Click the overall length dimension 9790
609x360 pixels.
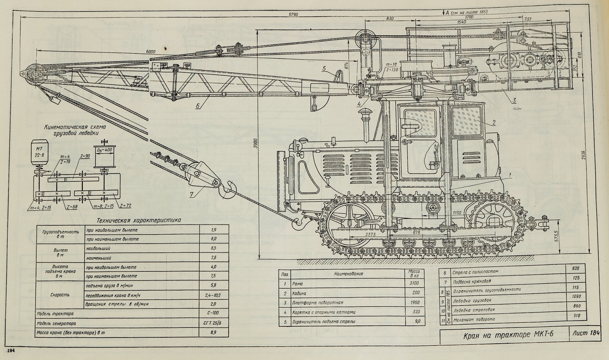point(293,15)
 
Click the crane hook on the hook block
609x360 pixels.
point(228,189)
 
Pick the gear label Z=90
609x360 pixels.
point(82,157)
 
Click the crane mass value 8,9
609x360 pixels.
point(213,332)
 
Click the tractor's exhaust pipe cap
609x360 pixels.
point(367,113)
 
